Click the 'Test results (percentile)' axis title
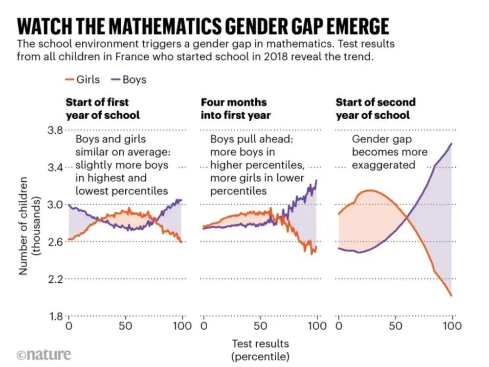click(260, 349)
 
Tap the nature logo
click(44, 354)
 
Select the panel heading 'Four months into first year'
click(236, 109)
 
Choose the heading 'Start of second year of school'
click(375, 109)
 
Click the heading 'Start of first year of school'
click(103, 109)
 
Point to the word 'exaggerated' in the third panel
click(383, 165)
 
